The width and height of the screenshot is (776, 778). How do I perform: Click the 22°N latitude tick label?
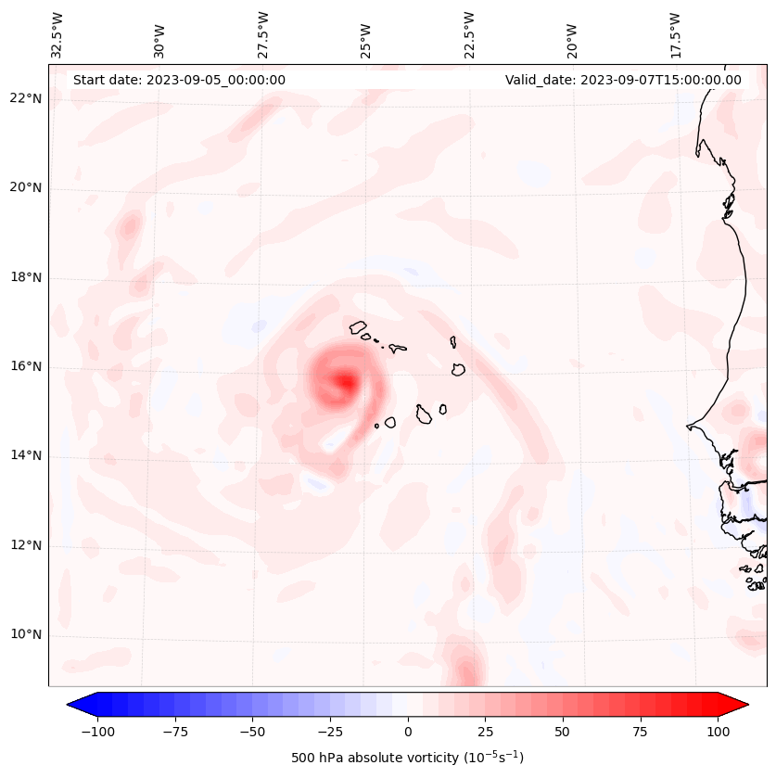coord(26,99)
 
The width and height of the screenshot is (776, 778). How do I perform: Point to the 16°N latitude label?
coord(26,367)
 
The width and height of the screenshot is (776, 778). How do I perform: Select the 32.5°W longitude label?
coord(58,35)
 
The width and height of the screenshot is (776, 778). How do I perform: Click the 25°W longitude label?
coord(367,35)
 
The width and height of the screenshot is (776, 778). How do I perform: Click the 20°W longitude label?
coord(572,35)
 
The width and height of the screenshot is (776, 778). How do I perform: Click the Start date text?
coord(179,80)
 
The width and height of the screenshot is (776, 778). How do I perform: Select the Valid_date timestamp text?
coord(623,80)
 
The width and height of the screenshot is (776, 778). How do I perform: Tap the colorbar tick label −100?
coord(97,732)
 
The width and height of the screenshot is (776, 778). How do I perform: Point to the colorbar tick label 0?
coord(408,732)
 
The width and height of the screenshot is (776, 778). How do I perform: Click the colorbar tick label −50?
coord(252,732)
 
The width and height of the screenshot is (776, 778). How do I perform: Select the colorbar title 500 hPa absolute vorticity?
coord(407,758)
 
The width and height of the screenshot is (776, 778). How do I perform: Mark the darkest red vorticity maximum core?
coord(345,380)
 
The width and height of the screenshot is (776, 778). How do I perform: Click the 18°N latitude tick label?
coord(26,278)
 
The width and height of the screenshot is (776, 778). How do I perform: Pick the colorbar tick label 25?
coord(486,732)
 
